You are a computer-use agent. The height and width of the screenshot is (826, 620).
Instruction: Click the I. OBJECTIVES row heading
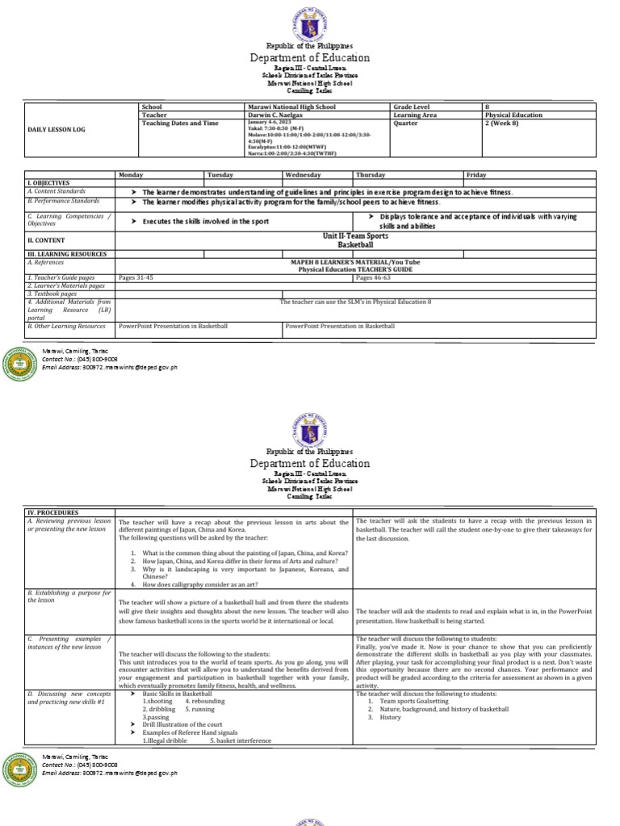point(49,183)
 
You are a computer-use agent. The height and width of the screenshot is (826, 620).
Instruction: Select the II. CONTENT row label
point(47,240)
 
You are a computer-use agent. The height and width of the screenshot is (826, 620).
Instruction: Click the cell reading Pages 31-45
point(136,277)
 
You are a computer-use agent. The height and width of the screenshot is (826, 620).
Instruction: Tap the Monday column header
point(130,174)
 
